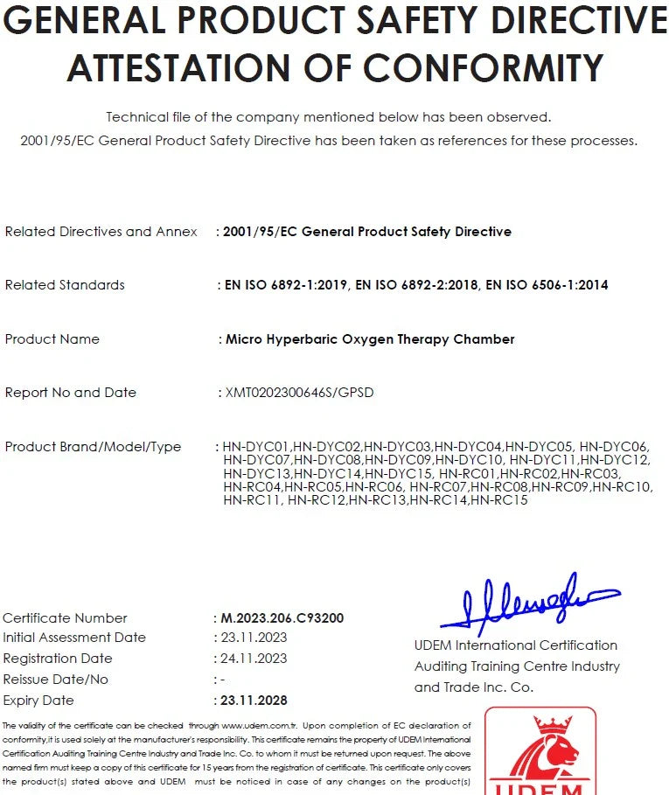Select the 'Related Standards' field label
click(65, 285)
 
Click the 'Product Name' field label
click(52, 339)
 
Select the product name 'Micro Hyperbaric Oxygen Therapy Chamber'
click(370, 339)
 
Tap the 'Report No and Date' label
click(71, 393)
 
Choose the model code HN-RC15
click(498, 500)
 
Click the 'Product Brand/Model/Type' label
click(93, 447)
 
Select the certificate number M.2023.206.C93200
click(282, 618)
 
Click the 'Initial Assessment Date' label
click(74, 638)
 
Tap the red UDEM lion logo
click(540, 752)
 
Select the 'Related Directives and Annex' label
click(101, 232)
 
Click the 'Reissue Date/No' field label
click(56, 680)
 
